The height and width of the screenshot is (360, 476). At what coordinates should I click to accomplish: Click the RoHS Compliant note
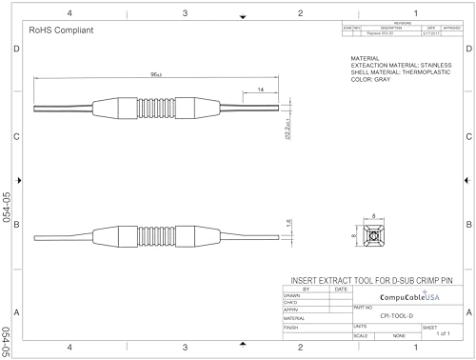click(61, 30)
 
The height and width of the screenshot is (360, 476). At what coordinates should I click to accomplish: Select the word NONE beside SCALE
click(398, 335)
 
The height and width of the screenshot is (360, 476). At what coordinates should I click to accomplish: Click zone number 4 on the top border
click(69, 12)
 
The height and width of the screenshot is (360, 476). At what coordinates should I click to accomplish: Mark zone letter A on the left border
click(16, 312)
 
